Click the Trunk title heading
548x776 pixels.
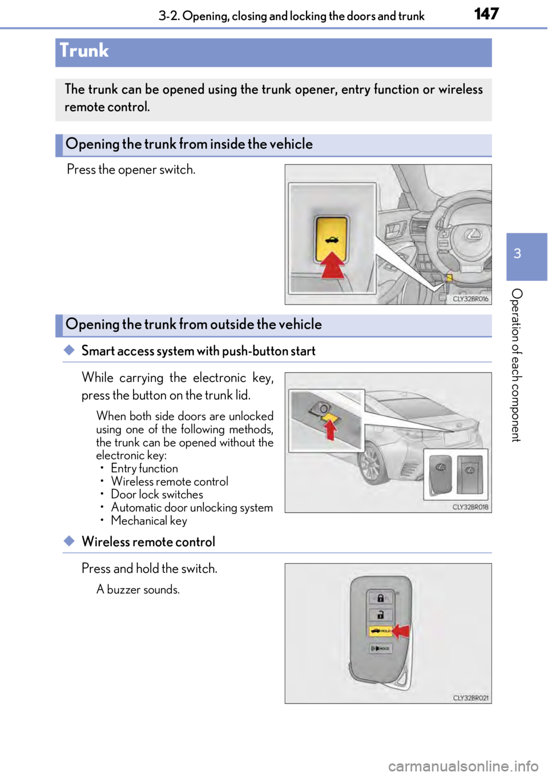coord(84,51)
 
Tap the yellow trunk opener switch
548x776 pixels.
coord(331,239)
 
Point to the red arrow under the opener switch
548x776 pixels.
coord(332,265)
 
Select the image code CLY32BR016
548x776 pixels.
coord(470,298)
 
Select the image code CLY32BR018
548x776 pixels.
coord(470,507)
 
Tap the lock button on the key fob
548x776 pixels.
coord(380,598)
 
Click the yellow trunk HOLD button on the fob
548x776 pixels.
coord(380,631)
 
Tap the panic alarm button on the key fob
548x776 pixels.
coord(380,648)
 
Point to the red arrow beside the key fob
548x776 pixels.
coord(401,631)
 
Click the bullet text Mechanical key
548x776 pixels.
coord(148,521)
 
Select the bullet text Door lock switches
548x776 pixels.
coord(156,494)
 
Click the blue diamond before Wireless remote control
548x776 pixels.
coord(69,541)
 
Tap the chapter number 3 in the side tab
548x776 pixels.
coord(517,253)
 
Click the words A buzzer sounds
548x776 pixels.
coord(138,589)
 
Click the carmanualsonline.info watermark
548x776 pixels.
coord(464,766)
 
